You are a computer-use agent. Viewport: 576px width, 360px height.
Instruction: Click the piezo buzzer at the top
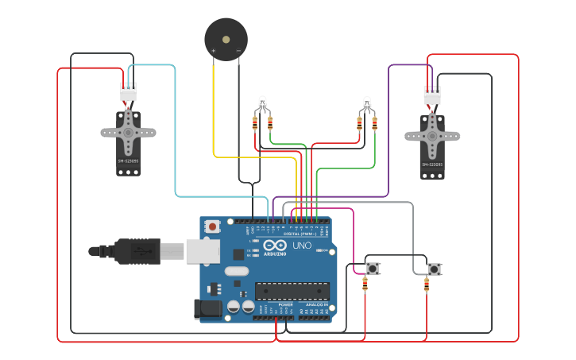226,38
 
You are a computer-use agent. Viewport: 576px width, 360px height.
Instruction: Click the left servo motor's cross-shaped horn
128,133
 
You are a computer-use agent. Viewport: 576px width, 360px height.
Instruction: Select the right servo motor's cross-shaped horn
432,135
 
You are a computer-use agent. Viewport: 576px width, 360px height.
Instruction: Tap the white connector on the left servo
128,92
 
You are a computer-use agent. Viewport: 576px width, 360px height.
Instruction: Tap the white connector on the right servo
432,95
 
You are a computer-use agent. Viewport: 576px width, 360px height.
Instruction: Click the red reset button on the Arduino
213,226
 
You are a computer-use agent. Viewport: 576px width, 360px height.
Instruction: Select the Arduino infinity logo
276,246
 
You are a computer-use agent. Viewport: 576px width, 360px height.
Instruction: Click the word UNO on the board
302,246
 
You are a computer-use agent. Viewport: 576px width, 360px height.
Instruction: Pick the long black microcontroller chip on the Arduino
292,291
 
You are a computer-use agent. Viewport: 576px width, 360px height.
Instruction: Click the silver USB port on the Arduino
203,251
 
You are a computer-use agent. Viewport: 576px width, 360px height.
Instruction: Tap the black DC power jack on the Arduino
208,308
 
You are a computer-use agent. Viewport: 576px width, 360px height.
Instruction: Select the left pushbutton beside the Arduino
373,269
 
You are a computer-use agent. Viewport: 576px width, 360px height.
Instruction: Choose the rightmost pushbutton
434,269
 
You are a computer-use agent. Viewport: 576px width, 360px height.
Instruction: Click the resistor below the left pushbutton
365,285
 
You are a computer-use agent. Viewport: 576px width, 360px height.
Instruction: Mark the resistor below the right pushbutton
427,285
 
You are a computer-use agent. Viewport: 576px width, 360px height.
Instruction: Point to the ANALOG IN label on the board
316,304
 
